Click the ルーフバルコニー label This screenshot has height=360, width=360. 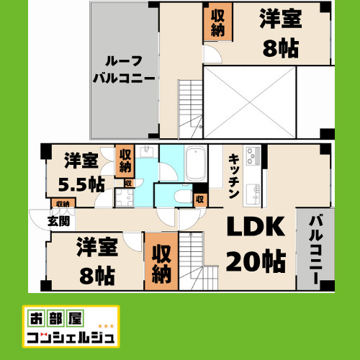coord(124,69)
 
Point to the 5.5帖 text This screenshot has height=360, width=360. coord(80,182)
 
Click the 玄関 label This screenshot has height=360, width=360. coord(59,221)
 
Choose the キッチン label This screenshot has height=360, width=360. coord(234,177)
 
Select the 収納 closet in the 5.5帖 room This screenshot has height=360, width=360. coord(125,161)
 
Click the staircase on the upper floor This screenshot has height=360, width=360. coord(191,108)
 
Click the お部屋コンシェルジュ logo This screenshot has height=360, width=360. coord(71,327)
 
